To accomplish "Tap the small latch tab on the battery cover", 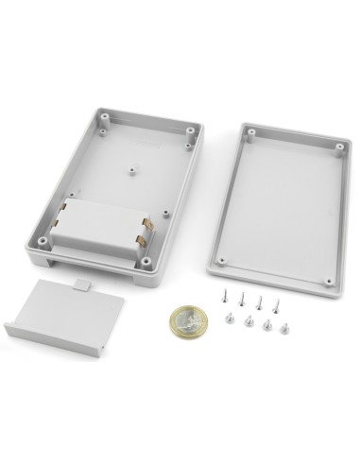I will click(82, 283).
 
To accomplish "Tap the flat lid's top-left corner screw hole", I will click(252, 135).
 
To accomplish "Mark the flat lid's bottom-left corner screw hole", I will click(222, 261).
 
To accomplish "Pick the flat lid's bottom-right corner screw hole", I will click(328, 281).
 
